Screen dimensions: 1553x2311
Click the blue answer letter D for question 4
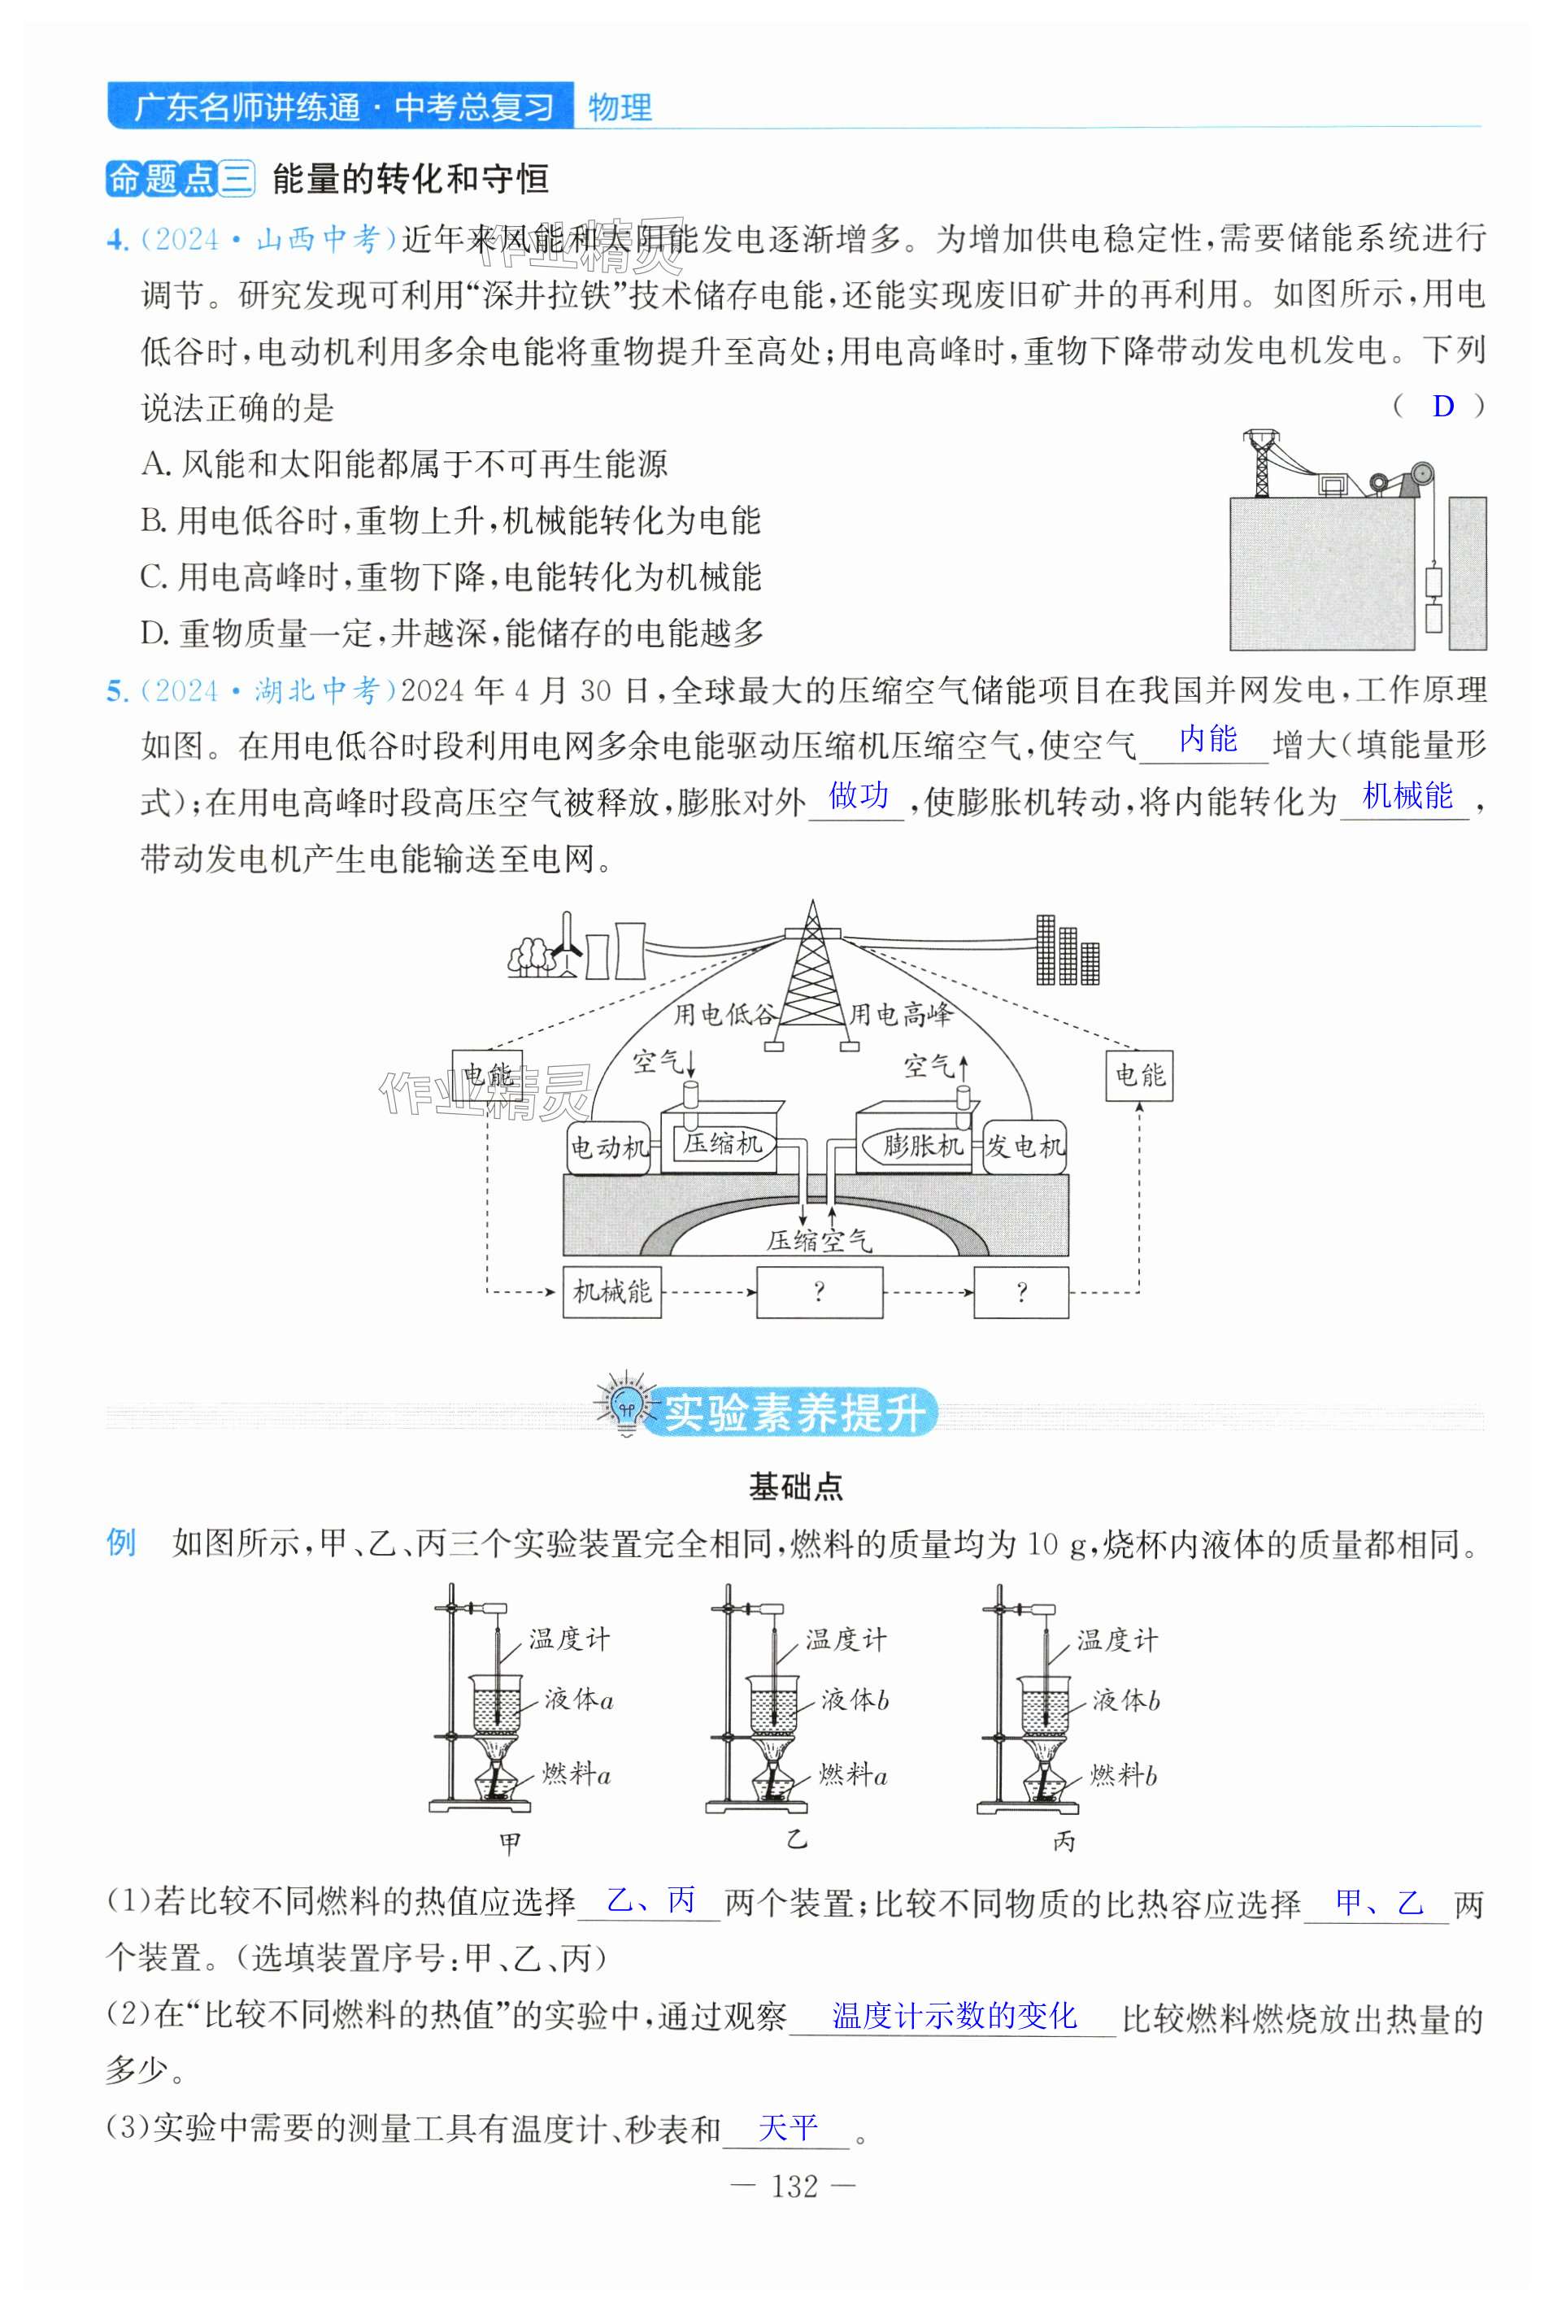tap(1442, 406)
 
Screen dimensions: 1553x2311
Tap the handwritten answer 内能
tap(1207, 740)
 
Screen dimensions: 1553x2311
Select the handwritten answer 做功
tap(858, 795)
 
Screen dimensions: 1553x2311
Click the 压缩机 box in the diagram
tap(723, 1144)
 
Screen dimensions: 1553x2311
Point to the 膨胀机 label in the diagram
tap(921, 1146)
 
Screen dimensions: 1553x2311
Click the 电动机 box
tap(608, 1147)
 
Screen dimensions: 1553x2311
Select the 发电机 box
tap(1024, 1147)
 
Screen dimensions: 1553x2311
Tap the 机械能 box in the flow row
tap(612, 1291)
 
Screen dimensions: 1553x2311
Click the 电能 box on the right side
tap(1139, 1076)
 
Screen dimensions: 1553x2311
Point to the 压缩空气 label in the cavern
tap(818, 1240)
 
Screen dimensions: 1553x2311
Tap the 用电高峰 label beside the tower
tap(900, 1014)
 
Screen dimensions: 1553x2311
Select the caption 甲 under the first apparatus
tap(510, 1843)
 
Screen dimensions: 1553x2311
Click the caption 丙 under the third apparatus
tap(1064, 1842)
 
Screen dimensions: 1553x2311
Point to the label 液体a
tap(578, 1701)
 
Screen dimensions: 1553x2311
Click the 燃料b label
tap(1123, 1775)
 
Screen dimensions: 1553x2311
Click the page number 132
tap(794, 2187)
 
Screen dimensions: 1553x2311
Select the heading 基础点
tap(795, 1486)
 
